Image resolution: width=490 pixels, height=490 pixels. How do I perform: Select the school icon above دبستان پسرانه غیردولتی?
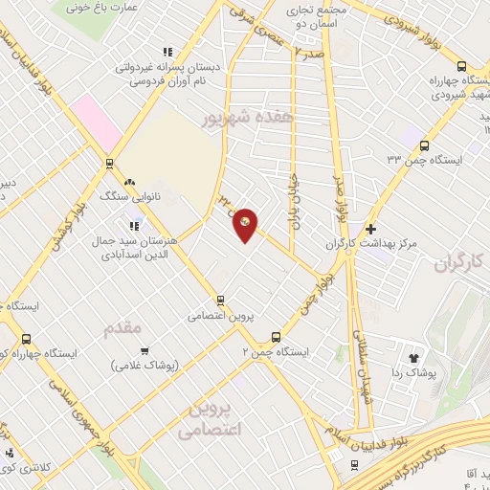(167, 52)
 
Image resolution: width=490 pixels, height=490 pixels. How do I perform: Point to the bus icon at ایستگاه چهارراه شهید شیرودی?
(462, 67)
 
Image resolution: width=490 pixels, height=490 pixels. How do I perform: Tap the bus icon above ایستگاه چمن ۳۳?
(425, 145)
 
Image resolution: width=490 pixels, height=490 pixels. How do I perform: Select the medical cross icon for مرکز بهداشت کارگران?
(370, 229)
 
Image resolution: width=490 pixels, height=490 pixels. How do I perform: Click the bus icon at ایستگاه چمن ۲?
(276, 337)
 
